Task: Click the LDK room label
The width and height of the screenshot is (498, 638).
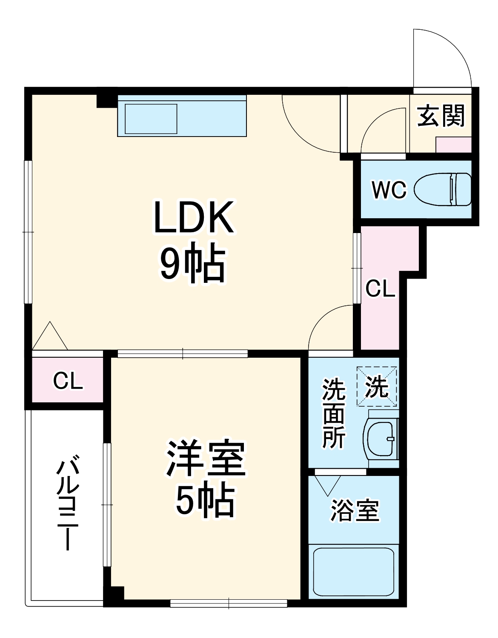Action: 194,217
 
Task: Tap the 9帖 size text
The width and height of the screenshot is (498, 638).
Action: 192,262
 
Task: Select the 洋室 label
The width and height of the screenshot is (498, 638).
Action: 206,459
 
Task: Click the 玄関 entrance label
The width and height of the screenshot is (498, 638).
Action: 441,115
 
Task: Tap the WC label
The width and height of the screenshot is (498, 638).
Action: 389,189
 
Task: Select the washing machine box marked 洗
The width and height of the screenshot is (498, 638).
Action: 377,387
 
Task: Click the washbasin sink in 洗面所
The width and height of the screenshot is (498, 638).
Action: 381,439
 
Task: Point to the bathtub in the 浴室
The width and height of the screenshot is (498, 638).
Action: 354,571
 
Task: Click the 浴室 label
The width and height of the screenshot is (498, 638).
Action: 355,511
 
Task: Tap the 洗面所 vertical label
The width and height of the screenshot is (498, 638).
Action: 333,413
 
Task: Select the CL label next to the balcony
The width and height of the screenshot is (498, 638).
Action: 68,381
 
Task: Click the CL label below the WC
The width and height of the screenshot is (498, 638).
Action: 380,289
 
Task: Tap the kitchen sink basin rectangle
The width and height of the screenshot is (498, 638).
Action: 151,119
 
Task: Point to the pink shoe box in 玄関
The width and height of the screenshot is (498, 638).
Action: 454,145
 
